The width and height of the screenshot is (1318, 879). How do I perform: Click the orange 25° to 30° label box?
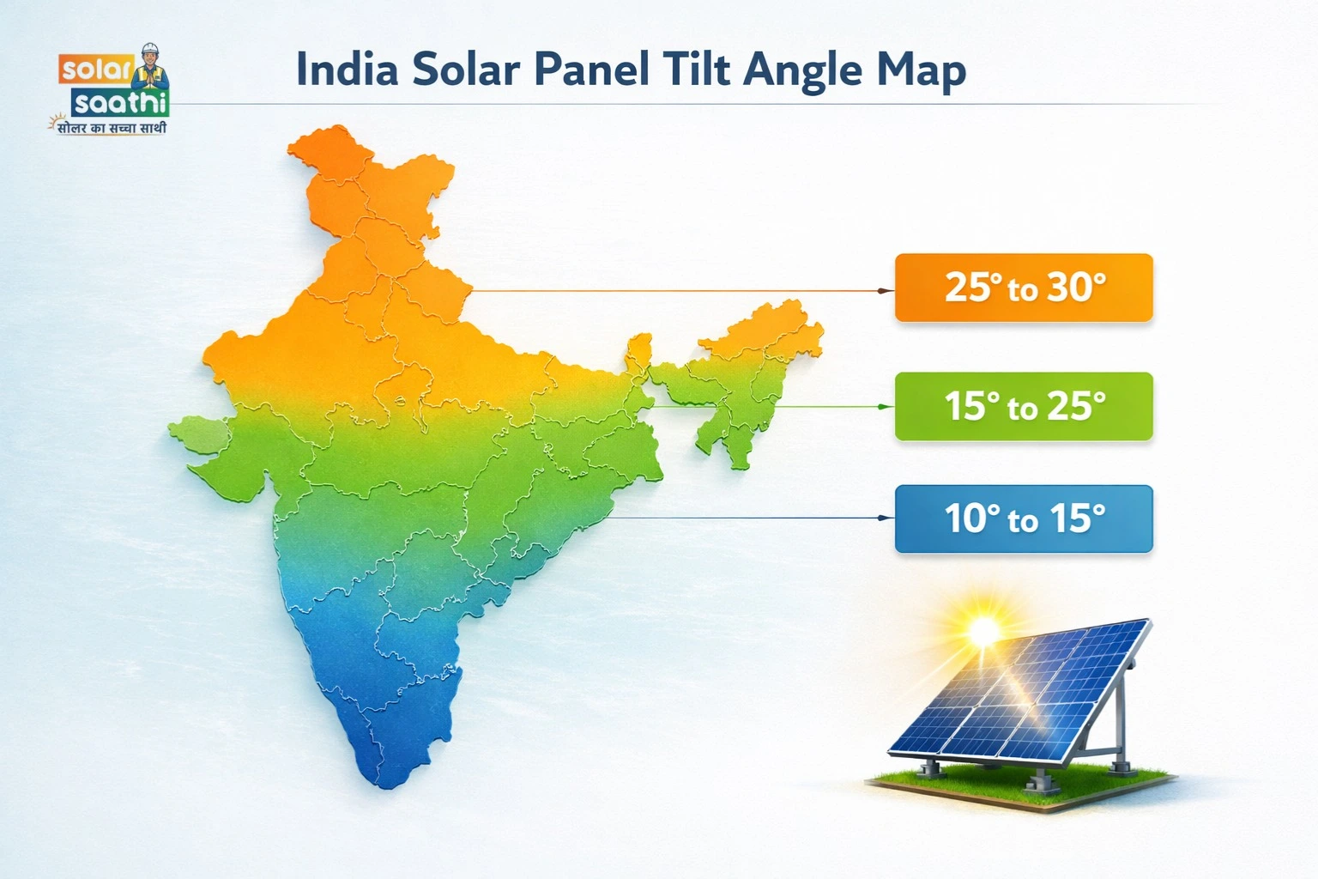tap(1023, 288)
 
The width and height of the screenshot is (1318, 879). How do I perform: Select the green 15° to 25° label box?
tap(1023, 406)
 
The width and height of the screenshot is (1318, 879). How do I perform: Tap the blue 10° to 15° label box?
tap(1023, 518)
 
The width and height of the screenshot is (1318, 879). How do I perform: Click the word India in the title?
tap(347, 70)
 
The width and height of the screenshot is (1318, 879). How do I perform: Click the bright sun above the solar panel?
tap(983, 631)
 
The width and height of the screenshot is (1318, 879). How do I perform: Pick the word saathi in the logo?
tap(119, 104)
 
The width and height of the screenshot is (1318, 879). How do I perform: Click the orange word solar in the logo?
tap(95, 70)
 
